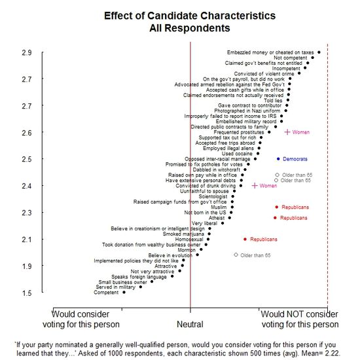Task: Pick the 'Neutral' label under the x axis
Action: click(x=190, y=324)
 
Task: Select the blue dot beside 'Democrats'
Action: click(x=278, y=159)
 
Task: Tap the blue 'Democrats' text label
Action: click(x=296, y=159)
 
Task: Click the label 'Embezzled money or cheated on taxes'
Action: click(x=270, y=52)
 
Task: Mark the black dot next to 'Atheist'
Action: click(x=230, y=217)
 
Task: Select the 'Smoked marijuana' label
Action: click(x=183, y=234)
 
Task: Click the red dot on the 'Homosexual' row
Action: click(x=245, y=239)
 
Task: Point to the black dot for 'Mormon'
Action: click(x=201, y=249)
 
